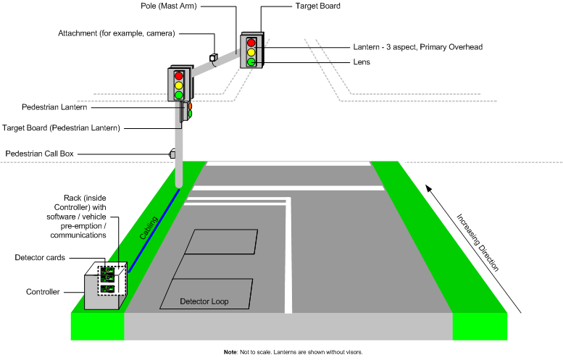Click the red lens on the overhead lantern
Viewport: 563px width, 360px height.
pyautogui.click(x=251, y=42)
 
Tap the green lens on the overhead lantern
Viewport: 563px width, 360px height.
pyautogui.click(x=251, y=62)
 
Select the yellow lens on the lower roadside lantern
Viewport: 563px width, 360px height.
pyautogui.click(x=178, y=85)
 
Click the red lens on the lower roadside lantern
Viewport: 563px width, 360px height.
pyautogui.click(x=178, y=75)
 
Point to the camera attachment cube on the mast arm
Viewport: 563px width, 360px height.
pyautogui.click(x=214, y=57)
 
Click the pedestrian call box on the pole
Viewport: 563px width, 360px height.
pyautogui.click(x=172, y=154)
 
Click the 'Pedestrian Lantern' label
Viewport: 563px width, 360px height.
pyautogui.click(x=44, y=107)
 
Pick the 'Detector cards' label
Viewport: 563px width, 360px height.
pyautogui.click(x=40, y=258)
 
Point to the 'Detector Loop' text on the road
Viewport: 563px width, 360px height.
pyautogui.click(x=204, y=301)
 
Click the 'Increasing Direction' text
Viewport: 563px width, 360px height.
pyautogui.click(x=477, y=242)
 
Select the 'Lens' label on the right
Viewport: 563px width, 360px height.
pyautogui.click(x=362, y=62)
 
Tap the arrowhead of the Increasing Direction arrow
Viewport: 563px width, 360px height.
pyautogui.click(x=429, y=188)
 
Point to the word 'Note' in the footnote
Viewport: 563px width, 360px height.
pyautogui.click(x=230, y=352)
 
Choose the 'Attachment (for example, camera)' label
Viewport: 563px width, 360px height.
pyautogui.click(x=117, y=33)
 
